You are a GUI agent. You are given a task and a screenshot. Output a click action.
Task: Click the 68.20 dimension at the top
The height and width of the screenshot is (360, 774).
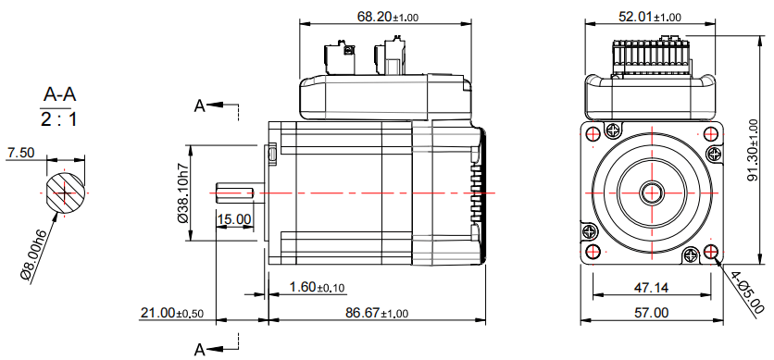(388, 17)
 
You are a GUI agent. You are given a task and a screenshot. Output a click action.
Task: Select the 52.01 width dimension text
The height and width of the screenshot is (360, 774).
(650, 17)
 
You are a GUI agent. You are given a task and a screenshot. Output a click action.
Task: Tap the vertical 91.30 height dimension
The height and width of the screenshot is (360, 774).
(753, 151)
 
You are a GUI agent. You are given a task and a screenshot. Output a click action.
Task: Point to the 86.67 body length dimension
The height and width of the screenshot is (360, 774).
(377, 313)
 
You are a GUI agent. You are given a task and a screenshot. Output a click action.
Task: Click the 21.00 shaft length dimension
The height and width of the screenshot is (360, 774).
(172, 313)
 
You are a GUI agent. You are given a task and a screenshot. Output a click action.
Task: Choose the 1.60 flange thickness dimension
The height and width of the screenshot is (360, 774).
(317, 287)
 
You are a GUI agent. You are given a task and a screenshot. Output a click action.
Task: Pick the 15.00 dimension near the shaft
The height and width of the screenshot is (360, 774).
(234, 219)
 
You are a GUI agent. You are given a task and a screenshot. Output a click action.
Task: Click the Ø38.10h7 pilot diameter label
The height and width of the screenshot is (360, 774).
(183, 192)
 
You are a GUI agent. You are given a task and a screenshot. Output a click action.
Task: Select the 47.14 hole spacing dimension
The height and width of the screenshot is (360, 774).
(651, 287)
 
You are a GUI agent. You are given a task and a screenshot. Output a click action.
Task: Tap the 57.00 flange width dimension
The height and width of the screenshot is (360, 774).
(652, 313)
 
